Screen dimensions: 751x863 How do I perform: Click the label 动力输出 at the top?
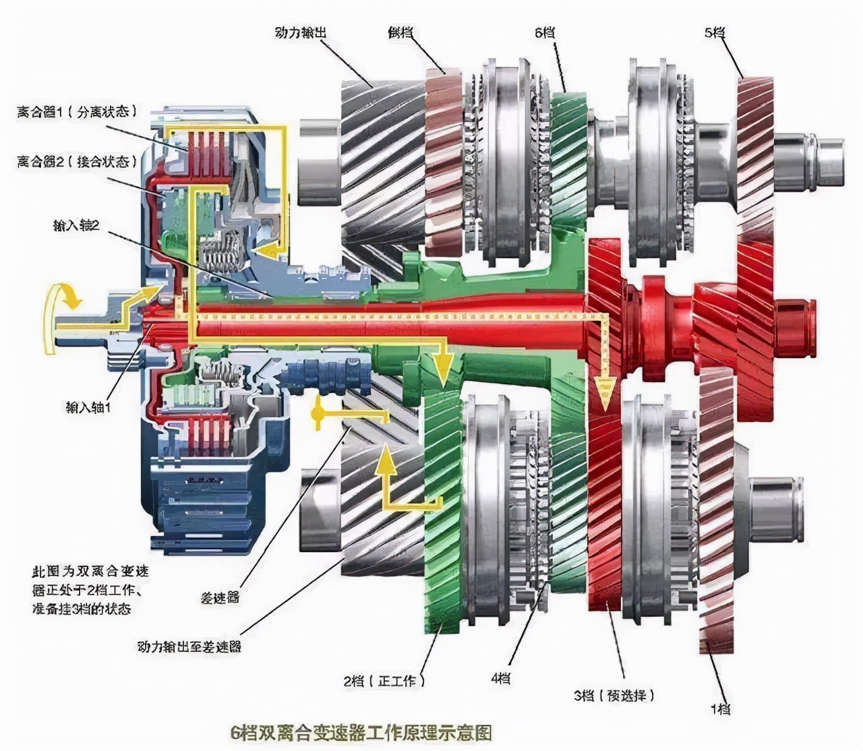[x=301, y=32]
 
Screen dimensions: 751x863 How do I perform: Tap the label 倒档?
[x=400, y=32]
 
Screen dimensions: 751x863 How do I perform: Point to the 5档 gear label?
[x=714, y=32]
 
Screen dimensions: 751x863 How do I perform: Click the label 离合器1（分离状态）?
[x=76, y=111]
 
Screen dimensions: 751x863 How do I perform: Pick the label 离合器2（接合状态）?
[x=76, y=162]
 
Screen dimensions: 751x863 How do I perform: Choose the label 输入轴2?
[x=76, y=225]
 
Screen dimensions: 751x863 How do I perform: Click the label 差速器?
[x=220, y=597]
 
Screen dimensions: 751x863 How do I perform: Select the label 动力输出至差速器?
[x=189, y=647]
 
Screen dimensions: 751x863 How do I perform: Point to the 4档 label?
[x=500, y=678]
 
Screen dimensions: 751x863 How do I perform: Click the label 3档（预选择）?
[x=614, y=695]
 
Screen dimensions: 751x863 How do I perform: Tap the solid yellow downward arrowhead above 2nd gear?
[x=442, y=367]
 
